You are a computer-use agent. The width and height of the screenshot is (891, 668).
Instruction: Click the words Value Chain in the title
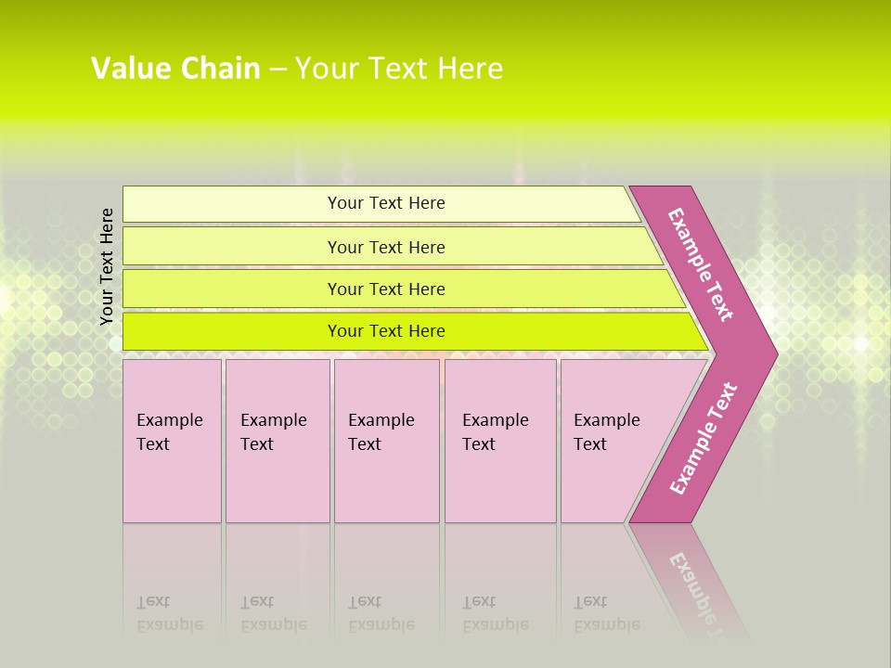click(x=174, y=68)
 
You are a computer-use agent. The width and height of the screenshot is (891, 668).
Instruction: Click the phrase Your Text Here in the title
click(x=399, y=68)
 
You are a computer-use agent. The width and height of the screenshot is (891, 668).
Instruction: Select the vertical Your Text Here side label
click(x=107, y=266)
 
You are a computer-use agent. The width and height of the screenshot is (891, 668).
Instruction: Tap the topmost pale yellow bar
click(x=385, y=203)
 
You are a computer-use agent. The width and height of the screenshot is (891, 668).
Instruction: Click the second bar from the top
click(x=385, y=247)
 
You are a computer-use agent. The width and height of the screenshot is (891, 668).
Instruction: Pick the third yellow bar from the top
click(x=385, y=289)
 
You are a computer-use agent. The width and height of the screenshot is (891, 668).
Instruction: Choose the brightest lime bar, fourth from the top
click(x=385, y=331)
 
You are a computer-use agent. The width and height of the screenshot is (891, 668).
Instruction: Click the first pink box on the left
click(x=172, y=441)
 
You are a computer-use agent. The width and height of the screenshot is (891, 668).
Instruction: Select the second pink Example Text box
click(x=277, y=441)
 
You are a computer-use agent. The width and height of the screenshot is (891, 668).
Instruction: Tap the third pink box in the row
click(x=386, y=441)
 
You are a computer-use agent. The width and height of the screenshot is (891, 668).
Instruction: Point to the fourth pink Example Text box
click(x=499, y=441)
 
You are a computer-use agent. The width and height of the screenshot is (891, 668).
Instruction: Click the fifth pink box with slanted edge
click(x=613, y=441)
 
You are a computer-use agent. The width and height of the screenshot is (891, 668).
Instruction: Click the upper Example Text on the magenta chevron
click(x=701, y=264)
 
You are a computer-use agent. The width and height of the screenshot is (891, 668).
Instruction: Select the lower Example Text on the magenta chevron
click(x=704, y=439)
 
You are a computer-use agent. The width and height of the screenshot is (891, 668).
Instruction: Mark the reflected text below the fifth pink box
click(x=606, y=613)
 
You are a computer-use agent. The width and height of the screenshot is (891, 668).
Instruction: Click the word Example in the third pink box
click(x=381, y=420)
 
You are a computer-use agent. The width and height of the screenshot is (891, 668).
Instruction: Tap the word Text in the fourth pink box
click(x=479, y=444)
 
